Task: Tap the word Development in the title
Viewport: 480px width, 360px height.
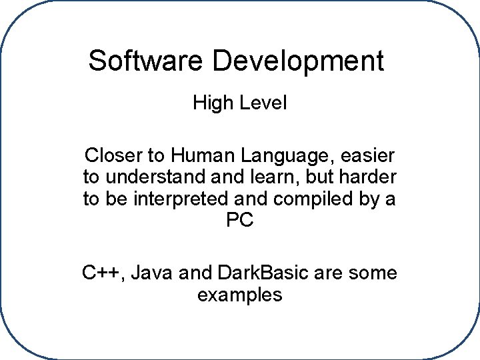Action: tap(299, 61)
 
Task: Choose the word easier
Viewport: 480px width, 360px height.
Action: tap(368, 157)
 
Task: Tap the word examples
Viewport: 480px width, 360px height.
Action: tap(240, 294)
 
